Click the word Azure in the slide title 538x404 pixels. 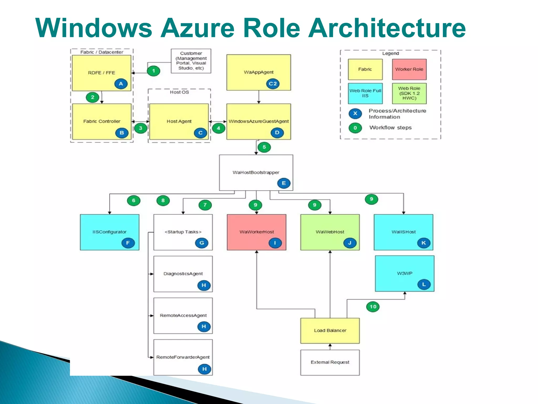click(x=198, y=28)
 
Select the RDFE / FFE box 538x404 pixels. click(x=101, y=73)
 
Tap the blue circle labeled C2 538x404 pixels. click(x=273, y=84)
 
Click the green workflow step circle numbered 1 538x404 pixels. click(x=153, y=71)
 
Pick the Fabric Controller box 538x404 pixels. click(x=101, y=121)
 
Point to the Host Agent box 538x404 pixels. click(x=179, y=121)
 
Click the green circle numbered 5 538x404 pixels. click(x=264, y=147)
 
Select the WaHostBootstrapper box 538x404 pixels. click(x=256, y=172)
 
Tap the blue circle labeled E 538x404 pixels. click(x=284, y=183)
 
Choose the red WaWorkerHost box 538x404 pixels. click(x=256, y=232)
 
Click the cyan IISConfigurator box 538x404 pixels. click(x=109, y=232)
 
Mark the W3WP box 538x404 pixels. click(x=405, y=273)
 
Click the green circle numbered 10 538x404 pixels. click(x=373, y=307)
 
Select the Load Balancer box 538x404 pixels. click(x=330, y=330)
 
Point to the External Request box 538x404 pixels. click(x=330, y=362)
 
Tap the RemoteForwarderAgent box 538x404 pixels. click(x=183, y=357)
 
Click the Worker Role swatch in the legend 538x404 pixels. click(x=409, y=69)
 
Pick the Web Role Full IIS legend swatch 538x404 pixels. click(x=365, y=93)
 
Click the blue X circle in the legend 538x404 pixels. click(x=355, y=113)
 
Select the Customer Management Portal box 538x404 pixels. click(x=191, y=61)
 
